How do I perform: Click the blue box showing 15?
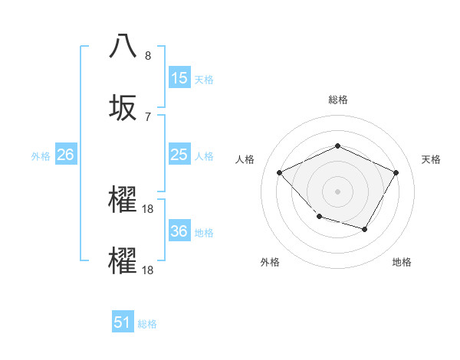179,78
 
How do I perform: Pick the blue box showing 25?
179,155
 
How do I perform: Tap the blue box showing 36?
179,231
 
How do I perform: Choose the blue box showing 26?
66,155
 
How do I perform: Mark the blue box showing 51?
123,323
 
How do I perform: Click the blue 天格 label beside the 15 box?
204,79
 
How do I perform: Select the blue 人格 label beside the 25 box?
204,155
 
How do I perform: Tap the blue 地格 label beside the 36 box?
204,232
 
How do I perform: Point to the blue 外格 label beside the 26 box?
41,155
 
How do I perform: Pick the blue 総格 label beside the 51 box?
147,324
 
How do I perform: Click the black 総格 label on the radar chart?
337,100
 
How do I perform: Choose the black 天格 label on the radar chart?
431,159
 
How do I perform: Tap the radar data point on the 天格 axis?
396,172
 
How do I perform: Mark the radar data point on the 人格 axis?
280,172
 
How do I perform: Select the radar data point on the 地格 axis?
365,229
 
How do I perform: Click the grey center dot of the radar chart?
337,191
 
